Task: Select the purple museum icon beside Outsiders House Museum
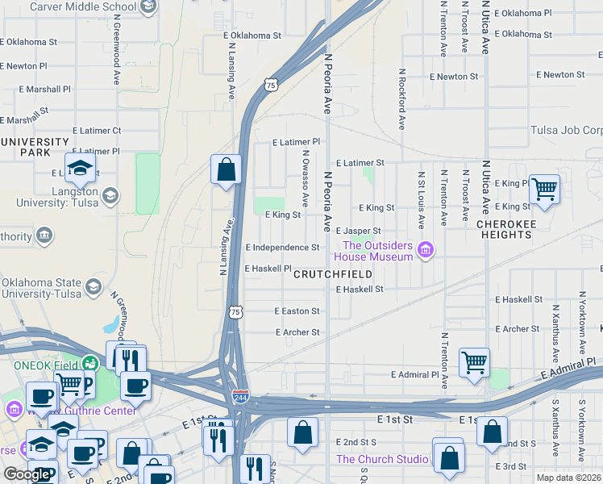coord(427,251)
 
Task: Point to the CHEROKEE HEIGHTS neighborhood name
coord(505,229)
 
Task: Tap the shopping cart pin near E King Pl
coord(545,190)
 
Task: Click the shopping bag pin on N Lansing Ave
coord(227,169)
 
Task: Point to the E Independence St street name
coord(282,248)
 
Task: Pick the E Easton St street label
coord(297,311)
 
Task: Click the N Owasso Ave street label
coord(306,177)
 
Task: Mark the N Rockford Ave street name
coord(401,98)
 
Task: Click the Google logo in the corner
coord(27,474)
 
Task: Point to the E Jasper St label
coord(358,231)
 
